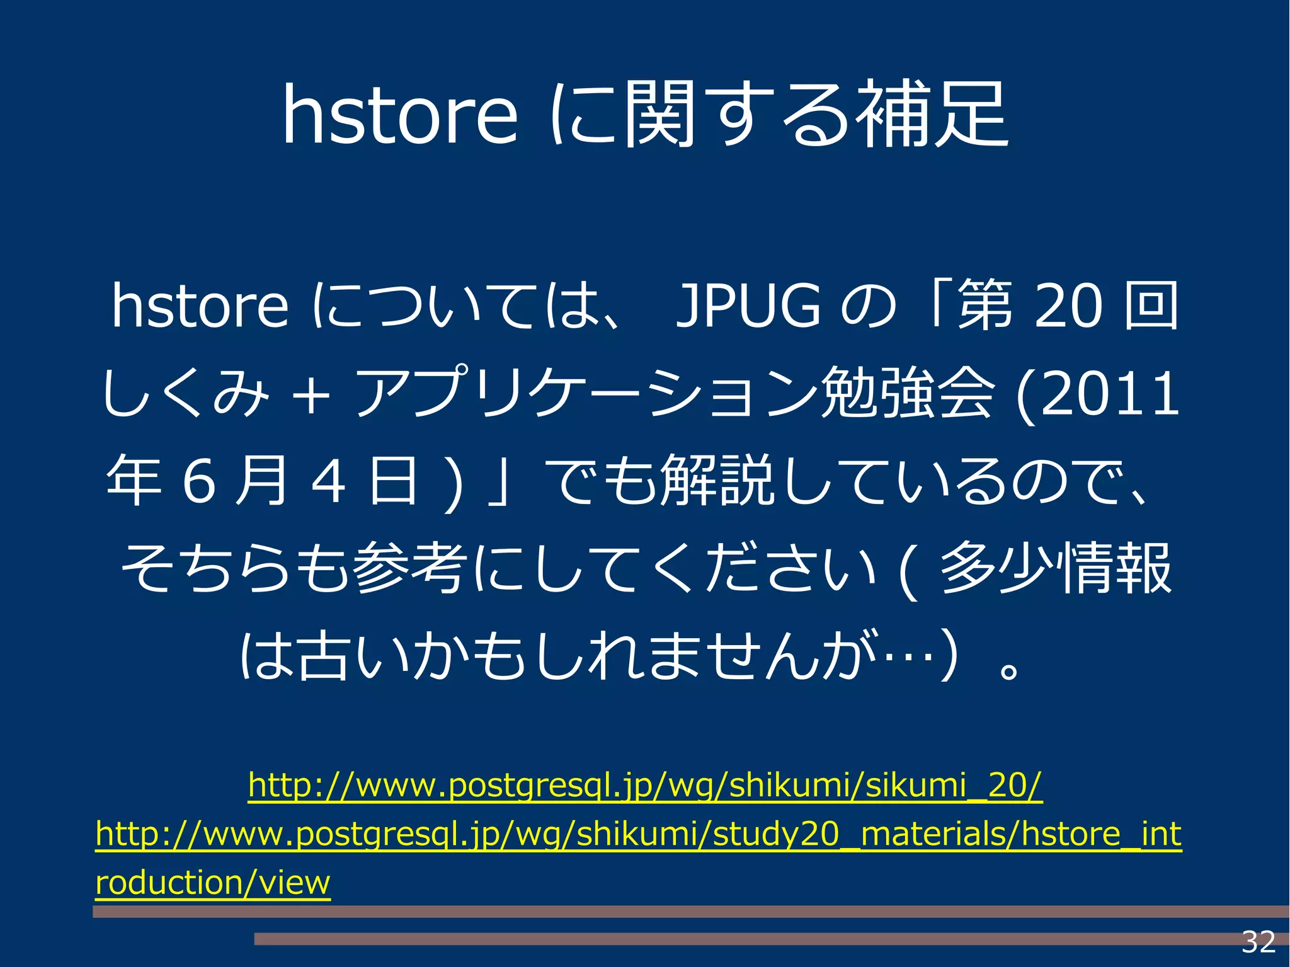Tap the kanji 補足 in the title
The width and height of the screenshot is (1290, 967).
pos(935,115)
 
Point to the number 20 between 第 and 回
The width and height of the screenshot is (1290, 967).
pos(1068,307)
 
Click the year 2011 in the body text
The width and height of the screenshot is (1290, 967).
pos(1110,394)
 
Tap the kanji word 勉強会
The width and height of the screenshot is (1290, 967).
pos(907,394)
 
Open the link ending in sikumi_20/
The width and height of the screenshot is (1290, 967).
pos(645,786)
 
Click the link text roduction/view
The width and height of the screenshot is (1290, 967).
pos(213,883)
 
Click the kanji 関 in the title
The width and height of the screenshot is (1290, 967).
pos(659,115)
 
